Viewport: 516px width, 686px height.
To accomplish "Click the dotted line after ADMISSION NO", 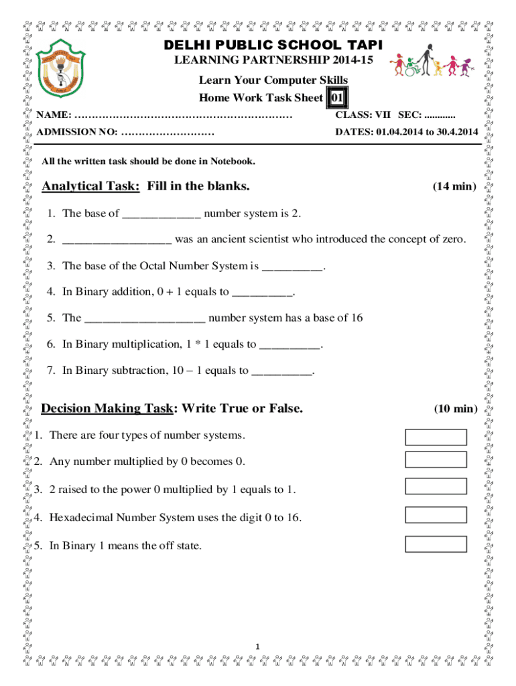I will tap(168, 131).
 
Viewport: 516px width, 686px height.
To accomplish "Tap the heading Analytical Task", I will tap(90, 186).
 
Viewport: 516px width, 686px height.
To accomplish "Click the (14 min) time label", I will tap(454, 186).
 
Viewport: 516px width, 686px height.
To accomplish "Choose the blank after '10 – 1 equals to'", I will tap(281, 371).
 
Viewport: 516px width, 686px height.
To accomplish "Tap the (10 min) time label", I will tap(454, 409).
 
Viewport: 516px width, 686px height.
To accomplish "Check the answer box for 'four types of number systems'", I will tap(436, 437).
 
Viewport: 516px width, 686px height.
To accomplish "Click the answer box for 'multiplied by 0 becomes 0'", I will tap(436, 459).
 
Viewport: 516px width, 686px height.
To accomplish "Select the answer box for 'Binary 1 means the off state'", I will tap(436, 543).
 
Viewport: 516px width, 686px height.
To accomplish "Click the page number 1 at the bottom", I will tap(258, 646).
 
